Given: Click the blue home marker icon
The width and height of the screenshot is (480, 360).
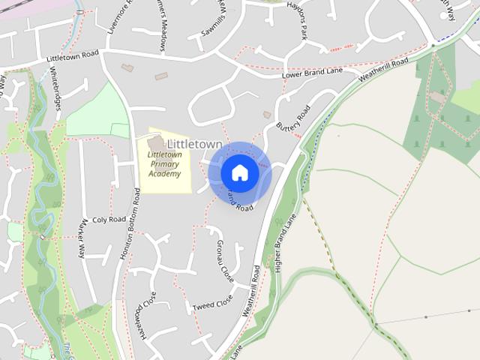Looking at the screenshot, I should point(239,172).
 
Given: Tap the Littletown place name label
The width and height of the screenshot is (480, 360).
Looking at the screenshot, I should point(194,144).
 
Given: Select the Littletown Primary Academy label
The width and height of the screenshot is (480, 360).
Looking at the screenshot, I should point(164,163).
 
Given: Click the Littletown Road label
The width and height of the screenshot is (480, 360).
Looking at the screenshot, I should point(73,56).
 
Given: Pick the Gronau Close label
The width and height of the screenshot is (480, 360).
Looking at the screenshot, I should point(224,260).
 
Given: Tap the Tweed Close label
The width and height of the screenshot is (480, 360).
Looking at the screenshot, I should point(213,305).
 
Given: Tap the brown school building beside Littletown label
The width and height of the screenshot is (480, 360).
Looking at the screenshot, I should point(156,142).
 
